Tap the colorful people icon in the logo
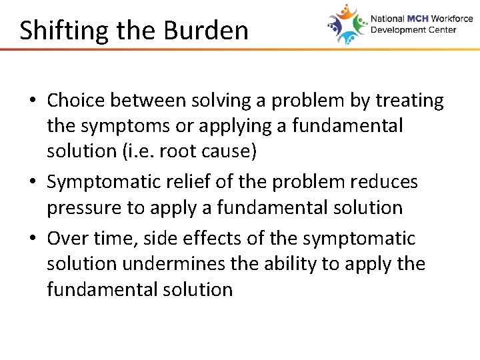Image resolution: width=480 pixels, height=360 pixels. click(x=347, y=25)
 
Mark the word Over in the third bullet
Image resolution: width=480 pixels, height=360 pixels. click(x=67, y=238)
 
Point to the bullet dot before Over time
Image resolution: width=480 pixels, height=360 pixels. click(x=33, y=239)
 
